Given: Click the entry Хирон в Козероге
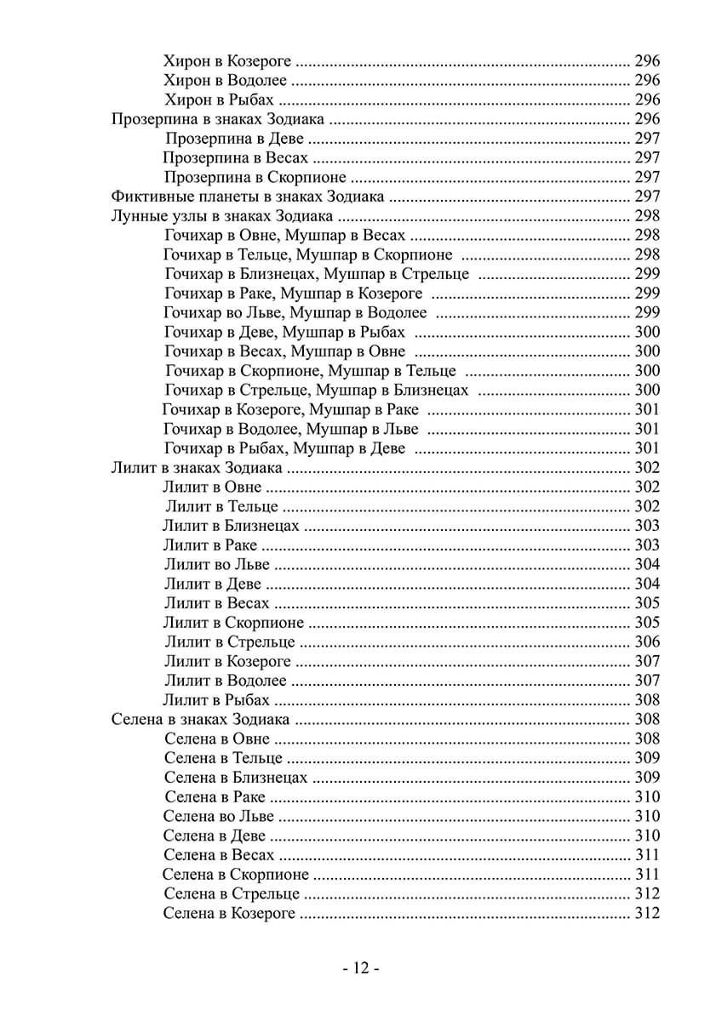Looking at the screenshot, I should pos(227,61).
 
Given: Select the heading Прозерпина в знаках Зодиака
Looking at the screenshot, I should pos(217,119).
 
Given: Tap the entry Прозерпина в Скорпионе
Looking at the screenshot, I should pos(255,177).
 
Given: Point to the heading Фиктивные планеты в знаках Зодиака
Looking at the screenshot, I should pos(249,197).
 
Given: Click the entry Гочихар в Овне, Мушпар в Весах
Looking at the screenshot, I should pos(284,235).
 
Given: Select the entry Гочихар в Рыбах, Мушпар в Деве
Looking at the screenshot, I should pos(284,448).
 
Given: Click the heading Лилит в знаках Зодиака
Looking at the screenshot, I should pos(197,467).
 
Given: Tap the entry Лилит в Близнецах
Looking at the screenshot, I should pos(231,526).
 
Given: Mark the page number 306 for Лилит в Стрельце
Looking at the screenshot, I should pos(647,642).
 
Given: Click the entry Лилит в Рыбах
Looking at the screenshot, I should pos(216,700).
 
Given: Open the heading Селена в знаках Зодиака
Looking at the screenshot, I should pos(201,720).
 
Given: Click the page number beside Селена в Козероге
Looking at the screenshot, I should pos(647,913).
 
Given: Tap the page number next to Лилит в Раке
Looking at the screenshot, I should pos(647,545).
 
